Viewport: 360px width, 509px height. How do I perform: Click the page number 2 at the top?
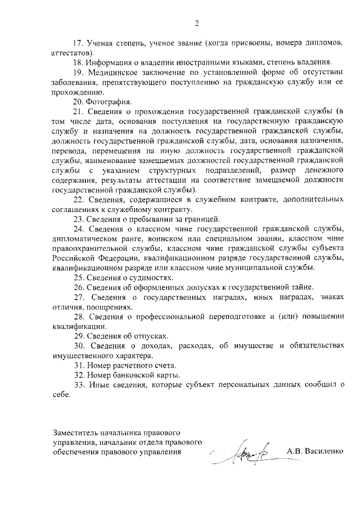(x=196, y=24)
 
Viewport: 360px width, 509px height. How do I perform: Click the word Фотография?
(x=109, y=102)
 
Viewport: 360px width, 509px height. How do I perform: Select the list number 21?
(x=78, y=112)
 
